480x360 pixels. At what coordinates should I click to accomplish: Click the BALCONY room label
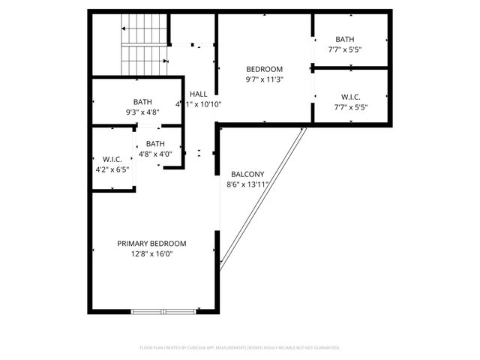[x=247, y=173]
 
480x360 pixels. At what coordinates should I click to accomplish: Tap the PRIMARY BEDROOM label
[x=151, y=244]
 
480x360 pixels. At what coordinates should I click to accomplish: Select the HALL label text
[x=199, y=94]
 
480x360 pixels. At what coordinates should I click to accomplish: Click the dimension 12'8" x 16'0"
[x=151, y=254]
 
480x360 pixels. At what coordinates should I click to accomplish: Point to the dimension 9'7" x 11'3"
[x=264, y=79]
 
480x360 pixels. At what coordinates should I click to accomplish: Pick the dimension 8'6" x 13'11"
[x=247, y=184]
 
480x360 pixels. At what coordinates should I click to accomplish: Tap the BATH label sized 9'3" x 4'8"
[x=142, y=102]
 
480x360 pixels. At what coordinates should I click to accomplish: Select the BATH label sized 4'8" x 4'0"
[x=155, y=144]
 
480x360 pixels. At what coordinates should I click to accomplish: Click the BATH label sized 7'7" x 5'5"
[x=345, y=40]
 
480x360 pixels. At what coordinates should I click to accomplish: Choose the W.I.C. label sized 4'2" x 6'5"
[x=112, y=159]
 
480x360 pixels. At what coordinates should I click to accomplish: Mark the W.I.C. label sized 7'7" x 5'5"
[x=350, y=96]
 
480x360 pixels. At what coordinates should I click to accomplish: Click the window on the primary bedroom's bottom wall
[x=163, y=311]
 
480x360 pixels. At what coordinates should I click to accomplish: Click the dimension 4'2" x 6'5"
[x=112, y=169]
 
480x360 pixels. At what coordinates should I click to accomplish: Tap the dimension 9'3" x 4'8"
[x=142, y=112]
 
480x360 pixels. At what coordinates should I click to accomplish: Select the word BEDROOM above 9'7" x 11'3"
[x=264, y=69]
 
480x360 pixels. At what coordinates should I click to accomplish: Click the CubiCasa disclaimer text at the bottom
[x=240, y=348]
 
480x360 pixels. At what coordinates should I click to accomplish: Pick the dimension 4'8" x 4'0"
[x=155, y=154]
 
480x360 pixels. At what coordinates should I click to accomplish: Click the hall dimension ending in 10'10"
[x=199, y=104]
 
